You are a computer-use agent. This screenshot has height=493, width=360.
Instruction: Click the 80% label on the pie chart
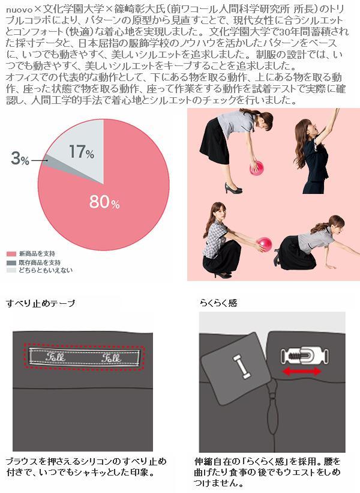104,202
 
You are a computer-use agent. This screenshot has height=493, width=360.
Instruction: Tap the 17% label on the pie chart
82,151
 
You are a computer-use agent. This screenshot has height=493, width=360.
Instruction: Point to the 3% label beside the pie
20,158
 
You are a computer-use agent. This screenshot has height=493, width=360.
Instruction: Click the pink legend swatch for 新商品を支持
11,254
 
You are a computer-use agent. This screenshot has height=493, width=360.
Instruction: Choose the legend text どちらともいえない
46,270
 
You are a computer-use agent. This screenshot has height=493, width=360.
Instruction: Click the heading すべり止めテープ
41,303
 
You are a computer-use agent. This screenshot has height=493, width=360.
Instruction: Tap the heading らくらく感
218,303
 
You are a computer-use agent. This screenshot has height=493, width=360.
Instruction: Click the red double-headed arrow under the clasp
302,372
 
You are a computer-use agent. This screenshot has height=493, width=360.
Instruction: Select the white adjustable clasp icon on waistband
304,355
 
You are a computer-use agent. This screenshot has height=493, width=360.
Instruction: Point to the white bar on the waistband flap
241,366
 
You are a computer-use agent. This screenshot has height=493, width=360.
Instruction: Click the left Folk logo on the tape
55,357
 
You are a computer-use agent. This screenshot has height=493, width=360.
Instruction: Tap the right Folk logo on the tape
111,357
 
